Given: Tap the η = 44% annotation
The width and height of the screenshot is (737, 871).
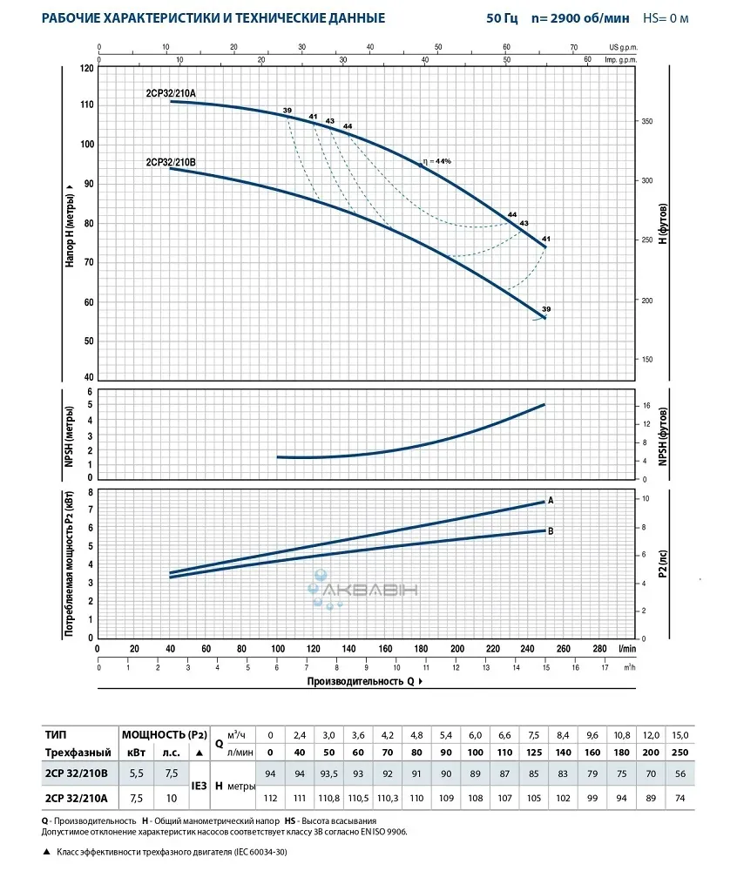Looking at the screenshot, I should pos(437,161).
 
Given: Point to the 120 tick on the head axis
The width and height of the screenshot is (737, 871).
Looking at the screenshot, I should pos(86,68).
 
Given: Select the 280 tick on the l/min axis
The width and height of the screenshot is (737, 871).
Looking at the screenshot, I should pos(599,649).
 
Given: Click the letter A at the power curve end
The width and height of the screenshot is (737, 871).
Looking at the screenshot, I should pos(551,500).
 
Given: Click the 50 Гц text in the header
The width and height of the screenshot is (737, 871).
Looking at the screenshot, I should pos(501,18).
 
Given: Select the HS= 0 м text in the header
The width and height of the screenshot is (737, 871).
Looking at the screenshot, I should pos(665,18).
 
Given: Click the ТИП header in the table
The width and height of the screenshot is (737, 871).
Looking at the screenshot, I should pos(56,735).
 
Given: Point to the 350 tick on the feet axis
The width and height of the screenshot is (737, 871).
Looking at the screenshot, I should pos(647,122).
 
